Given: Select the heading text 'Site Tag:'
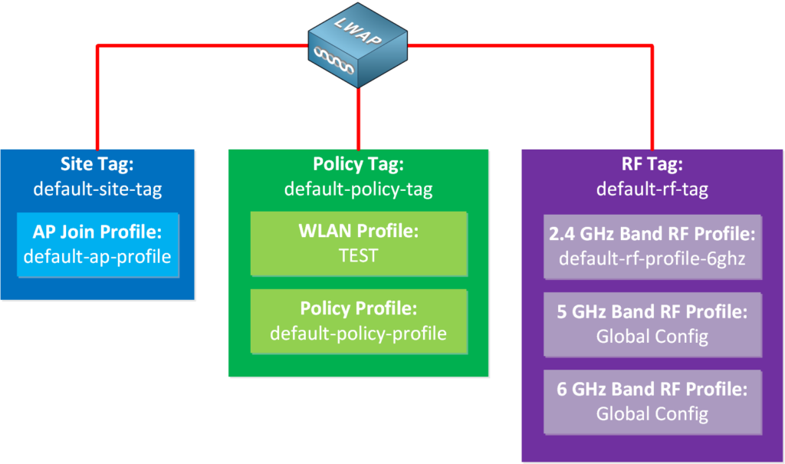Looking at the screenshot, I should [x=97, y=166].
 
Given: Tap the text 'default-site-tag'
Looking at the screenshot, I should [x=97, y=189].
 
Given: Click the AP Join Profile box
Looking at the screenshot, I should [x=97, y=245].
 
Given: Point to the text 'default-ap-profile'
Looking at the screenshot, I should [x=97, y=256].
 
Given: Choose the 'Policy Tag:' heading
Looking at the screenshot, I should [x=358, y=166].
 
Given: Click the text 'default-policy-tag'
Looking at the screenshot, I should [x=358, y=189].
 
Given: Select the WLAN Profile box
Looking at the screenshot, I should [x=358, y=243].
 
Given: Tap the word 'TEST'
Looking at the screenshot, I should [x=358, y=255].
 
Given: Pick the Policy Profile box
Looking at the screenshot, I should [x=358, y=321].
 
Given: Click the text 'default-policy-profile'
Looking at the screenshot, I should [x=358, y=334].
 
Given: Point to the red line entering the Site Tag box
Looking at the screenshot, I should [x=97, y=115].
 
